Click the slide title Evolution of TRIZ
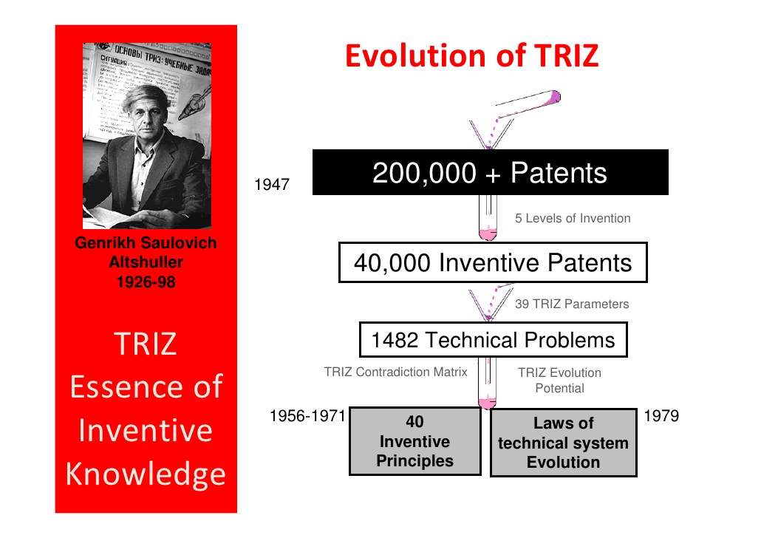click(x=471, y=56)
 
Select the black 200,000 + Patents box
click(x=490, y=173)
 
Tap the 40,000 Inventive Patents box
click(x=493, y=262)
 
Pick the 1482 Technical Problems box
click(x=493, y=340)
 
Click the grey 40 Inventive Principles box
click(x=414, y=442)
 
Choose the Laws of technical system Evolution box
click(x=563, y=443)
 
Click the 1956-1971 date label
click(x=308, y=417)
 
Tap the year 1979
click(x=661, y=417)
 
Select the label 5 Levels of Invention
click(x=573, y=218)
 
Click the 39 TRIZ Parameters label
click(x=572, y=304)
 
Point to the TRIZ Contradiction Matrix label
click(x=395, y=372)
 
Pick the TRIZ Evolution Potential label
click(x=559, y=381)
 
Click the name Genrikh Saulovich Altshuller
click(x=146, y=253)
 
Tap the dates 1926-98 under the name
click(x=146, y=282)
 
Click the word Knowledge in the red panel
click(x=146, y=474)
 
